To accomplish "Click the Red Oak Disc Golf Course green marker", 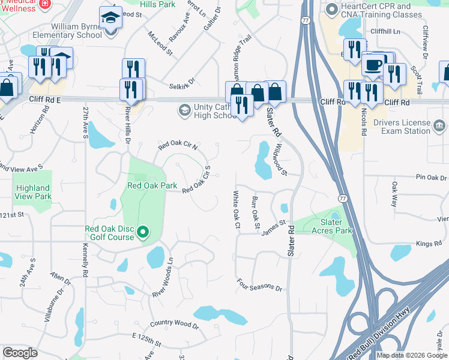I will tap(143, 232).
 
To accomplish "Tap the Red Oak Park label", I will tap(152, 186).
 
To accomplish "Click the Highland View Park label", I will tap(34, 192).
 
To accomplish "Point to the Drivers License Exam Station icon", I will tap(439, 126).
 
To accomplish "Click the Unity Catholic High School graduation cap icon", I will tap(184, 110).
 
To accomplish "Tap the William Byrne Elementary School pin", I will tap(111, 19).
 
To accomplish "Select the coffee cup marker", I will tap(373, 65).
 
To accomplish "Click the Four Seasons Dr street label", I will tap(259, 285).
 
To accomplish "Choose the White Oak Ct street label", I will tap(236, 209).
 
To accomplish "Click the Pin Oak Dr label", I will tap(431, 178).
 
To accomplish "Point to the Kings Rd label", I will tap(429, 244).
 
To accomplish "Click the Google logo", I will tap(20, 353).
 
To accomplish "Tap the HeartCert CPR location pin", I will tap(331, 10).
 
